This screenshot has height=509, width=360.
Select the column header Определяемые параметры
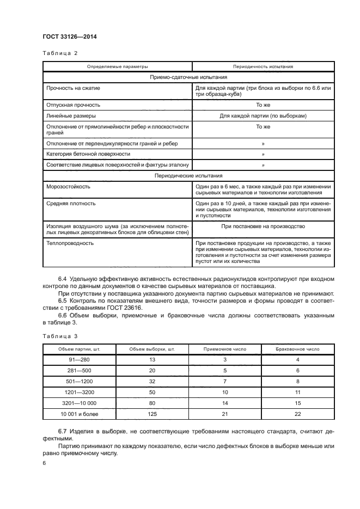[x=117, y=66]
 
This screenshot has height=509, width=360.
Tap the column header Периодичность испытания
[x=263, y=66]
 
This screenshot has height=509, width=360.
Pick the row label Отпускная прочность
[x=73, y=105]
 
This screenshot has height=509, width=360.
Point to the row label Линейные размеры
[x=71, y=116]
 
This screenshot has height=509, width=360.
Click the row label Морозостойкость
[x=69, y=186]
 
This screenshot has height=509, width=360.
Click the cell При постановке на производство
[x=263, y=226]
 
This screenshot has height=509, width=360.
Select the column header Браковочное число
[x=298, y=348]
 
